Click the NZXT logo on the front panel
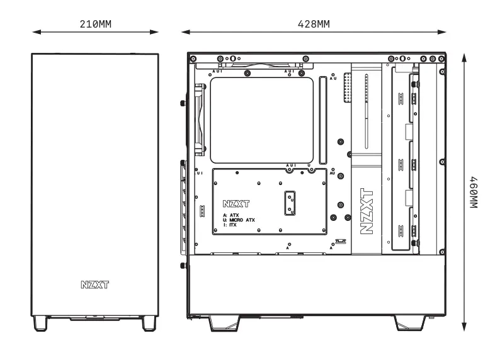click(x=94, y=284)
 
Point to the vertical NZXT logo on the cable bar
click(x=366, y=211)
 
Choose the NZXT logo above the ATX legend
click(x=236, y=204)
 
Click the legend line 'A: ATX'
click(x=230, y=215)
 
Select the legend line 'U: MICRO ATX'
click(x=239, y=220)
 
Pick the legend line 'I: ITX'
click(x=230, y=224)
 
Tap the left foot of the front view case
click(x=40, y=323)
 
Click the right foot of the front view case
click(x=149, y=323)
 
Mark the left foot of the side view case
click(x=220, y=322)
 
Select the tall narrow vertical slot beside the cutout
click(x=323, y=120)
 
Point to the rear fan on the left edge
click(x=200, y=120)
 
